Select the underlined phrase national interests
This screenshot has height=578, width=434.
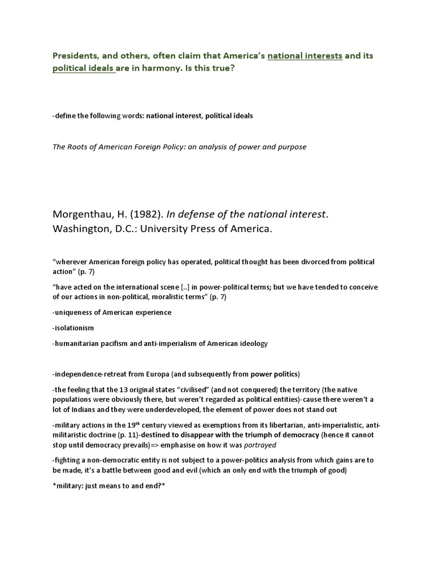point(305,56)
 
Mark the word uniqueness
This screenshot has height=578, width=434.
point(73,312)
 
